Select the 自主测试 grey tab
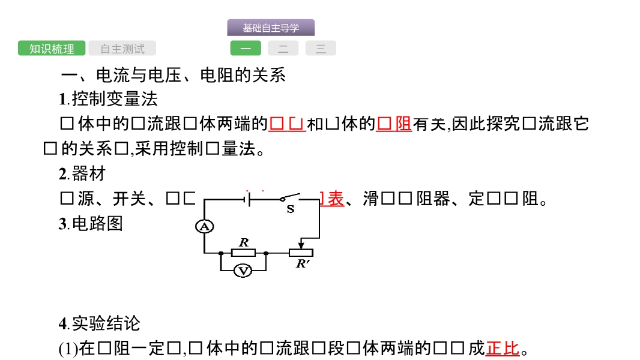(122, 49)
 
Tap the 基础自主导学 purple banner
(270, 28)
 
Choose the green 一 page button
(246, 49)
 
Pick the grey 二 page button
(283, 49)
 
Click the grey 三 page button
(321, 49)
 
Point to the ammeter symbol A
(205, 226)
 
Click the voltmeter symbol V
(243, 271)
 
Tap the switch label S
(291, 209)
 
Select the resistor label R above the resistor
(244, 242)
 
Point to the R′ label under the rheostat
(303, 263)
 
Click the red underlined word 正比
(503, 348)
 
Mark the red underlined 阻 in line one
(403, 124)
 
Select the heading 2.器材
(82, 174)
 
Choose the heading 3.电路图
(91, 224)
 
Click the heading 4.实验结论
(99, 323)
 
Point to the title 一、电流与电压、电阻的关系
(174, 75)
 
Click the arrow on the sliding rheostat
(301, 245)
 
